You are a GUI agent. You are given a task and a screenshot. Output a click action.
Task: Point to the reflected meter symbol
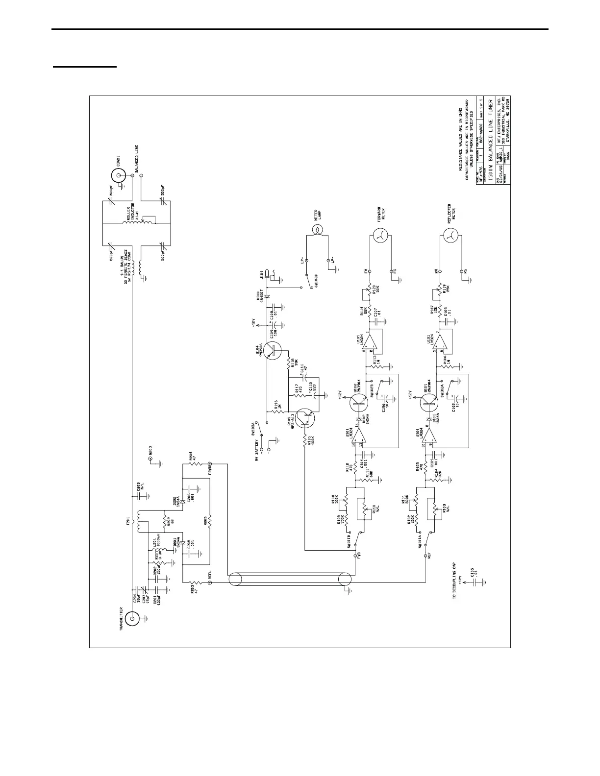[450, 236]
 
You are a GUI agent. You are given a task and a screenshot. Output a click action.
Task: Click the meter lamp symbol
[317, 229]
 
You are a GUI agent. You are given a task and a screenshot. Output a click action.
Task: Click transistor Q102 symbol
[359, 402]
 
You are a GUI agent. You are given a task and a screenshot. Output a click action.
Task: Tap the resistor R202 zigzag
[164, 521]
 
